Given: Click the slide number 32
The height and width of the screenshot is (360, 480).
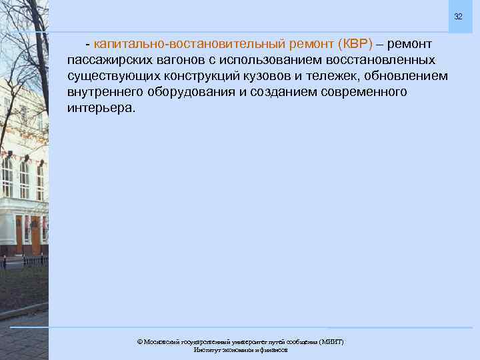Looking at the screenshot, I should (458, 16).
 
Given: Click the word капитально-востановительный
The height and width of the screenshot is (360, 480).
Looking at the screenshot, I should (190, 45).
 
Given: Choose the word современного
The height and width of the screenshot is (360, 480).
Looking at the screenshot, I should (359, 91).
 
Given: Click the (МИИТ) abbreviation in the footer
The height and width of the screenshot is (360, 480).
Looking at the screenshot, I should (331, 341).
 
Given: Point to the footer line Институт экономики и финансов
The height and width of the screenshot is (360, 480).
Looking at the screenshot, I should (240, 349).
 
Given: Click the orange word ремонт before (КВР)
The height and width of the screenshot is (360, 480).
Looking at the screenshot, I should (312, 45).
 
